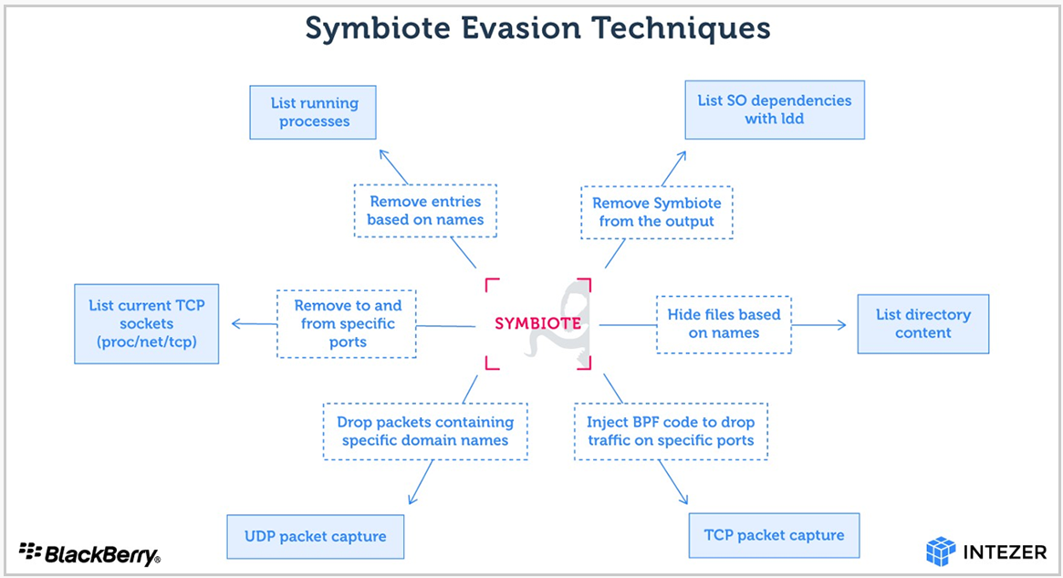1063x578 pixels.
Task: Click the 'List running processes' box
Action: point(313,112)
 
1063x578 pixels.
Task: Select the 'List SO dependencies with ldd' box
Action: point(774,110)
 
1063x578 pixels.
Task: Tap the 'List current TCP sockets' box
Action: point(146,323)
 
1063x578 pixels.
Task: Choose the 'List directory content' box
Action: point(922,323)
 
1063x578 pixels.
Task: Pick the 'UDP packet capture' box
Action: point(315,537)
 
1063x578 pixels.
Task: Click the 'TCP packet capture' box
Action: point(774,535)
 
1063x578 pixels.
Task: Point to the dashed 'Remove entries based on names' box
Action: point(425,210)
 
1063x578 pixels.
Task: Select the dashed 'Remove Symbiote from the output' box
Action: point(656,213)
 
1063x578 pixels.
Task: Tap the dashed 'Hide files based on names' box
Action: point(724,324)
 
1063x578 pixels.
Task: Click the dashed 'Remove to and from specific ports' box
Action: point(347,323)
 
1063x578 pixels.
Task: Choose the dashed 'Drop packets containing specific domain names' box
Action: point(425,432)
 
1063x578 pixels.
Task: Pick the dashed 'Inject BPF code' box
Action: point(671,432)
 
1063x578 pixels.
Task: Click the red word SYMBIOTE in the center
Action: point(537,323)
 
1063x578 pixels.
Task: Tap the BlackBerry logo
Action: point(89,553)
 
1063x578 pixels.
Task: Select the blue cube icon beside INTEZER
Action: point(941,551)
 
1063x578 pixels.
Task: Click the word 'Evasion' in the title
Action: point(519,28)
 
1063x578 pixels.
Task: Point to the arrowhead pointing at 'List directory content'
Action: point(841,325)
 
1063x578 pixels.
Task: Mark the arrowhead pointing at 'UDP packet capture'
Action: point(412,499)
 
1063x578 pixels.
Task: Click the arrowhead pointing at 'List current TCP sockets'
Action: point(236,324)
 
